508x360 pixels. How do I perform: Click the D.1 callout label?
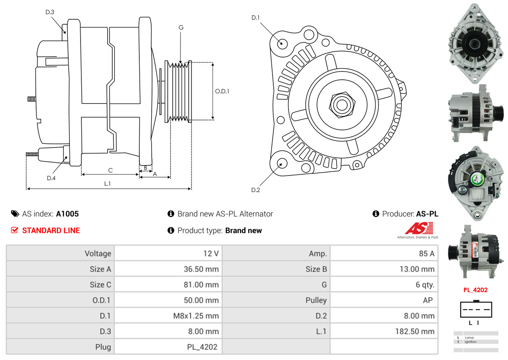256,18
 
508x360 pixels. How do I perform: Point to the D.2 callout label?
256,190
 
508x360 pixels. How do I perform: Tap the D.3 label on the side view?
50,12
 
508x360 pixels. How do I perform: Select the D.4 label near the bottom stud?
51,178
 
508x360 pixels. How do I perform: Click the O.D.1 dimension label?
222,91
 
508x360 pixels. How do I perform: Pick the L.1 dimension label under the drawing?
107,184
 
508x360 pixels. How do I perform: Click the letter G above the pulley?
181,28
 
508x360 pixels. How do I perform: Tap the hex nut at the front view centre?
341,104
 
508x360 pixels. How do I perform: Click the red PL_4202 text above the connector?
476,290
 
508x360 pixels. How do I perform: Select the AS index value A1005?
67,214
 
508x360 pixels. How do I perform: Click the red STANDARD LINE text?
51,231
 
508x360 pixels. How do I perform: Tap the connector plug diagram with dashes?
476,309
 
